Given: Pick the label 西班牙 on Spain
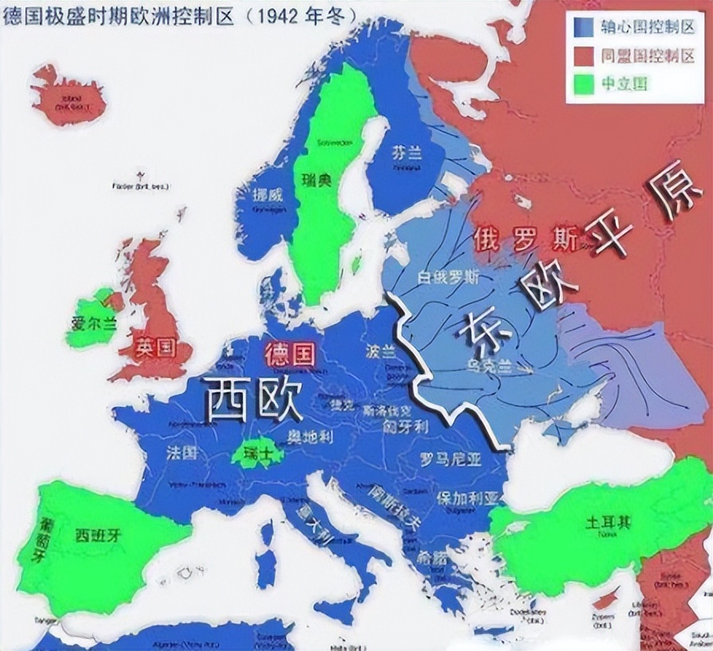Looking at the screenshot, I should (91, 532).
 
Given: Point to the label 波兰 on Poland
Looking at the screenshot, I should (381, 353).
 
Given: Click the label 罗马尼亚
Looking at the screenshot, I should (450, 458).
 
